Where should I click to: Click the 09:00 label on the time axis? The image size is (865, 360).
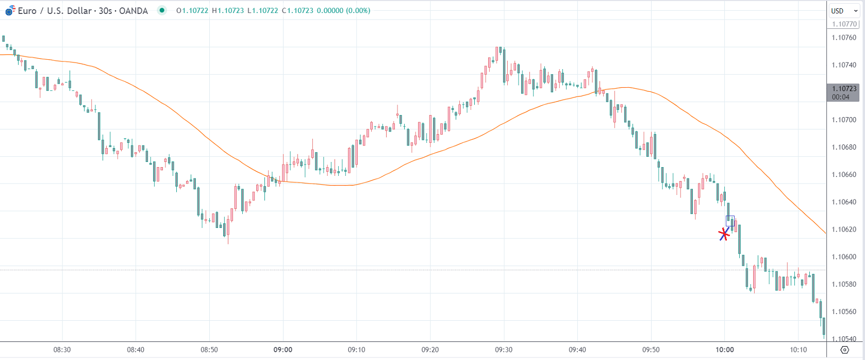click(283, 350)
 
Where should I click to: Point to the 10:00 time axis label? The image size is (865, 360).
click(724, 350)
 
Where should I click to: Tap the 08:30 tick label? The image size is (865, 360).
click(62, 350)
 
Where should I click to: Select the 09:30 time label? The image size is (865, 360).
click(504, 350)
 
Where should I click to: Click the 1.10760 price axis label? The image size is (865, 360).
click(844, 38)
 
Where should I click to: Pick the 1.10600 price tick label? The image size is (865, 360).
click(844, 257)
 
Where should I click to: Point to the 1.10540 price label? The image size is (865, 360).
click(844, 339)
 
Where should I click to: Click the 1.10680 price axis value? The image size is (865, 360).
click(844, 147)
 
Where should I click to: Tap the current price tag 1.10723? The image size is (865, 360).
click(844, 89)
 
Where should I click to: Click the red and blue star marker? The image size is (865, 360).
click(724, 234)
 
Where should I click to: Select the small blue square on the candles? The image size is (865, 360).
click(730, 221)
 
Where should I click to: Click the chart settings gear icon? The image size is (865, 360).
click(844, 350)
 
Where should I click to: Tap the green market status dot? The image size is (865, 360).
click(162, 10)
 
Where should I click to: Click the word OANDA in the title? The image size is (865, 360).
click(134, 11)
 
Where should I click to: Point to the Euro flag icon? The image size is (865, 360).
click(10, 11)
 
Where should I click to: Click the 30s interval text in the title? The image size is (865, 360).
click(105, 11)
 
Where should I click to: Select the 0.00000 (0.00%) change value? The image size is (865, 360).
click(343, 10)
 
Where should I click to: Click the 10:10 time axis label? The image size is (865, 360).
click(798, 350)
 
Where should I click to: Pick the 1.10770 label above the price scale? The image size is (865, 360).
click(844, 24)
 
